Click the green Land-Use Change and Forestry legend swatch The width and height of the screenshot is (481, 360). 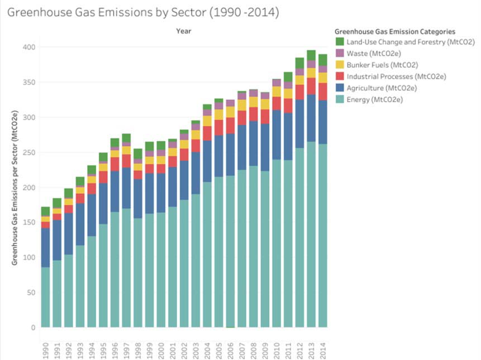coord(339,42)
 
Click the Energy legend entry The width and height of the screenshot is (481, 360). coord(374,100)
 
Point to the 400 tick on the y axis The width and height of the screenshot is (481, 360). coord(29,47)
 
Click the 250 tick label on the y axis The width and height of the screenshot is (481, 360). coord(29,152)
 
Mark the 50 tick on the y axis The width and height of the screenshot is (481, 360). coord(31,292)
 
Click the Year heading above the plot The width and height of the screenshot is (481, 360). coord(183,31)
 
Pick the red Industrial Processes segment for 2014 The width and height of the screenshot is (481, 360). coord(322,91)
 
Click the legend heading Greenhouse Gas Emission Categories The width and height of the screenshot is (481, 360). coord(394,32)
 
